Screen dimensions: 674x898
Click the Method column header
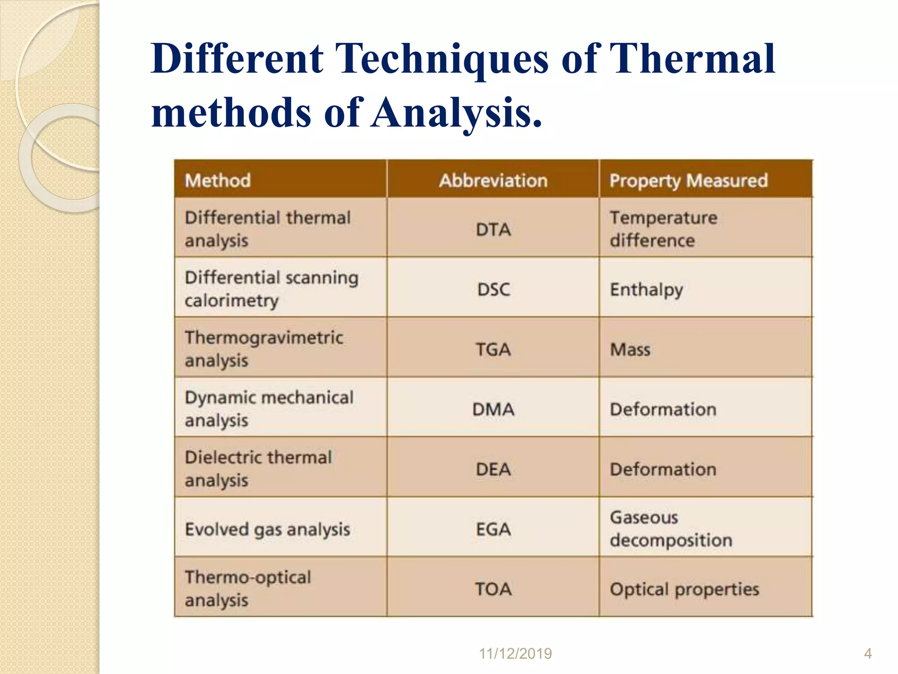click(217, 180)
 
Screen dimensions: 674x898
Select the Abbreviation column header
click(493, 180)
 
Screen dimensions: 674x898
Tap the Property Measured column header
click(688, 180)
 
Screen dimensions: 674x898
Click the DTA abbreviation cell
click(493, 229)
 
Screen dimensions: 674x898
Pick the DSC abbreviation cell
click(493, 290)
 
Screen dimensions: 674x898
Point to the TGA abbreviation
click(493, 349)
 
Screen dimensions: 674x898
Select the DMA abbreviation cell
click(493, 409)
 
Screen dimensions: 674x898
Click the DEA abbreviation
click(493, 469)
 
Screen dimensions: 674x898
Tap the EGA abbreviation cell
click(493, 529)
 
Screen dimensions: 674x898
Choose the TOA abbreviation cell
click(493, 589)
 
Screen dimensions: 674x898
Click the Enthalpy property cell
click(646, 290)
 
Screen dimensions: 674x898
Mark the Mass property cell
click(630, 349)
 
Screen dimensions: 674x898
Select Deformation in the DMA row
click(663, 409)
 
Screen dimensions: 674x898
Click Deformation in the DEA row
click(663, 469)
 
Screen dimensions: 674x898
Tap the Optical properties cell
click(684, 589)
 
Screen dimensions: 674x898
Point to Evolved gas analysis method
click(267, 529)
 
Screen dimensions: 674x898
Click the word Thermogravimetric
click(264, 337)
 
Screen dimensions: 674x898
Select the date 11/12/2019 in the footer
click(515, 653)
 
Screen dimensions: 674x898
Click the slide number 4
click(868, 653)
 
